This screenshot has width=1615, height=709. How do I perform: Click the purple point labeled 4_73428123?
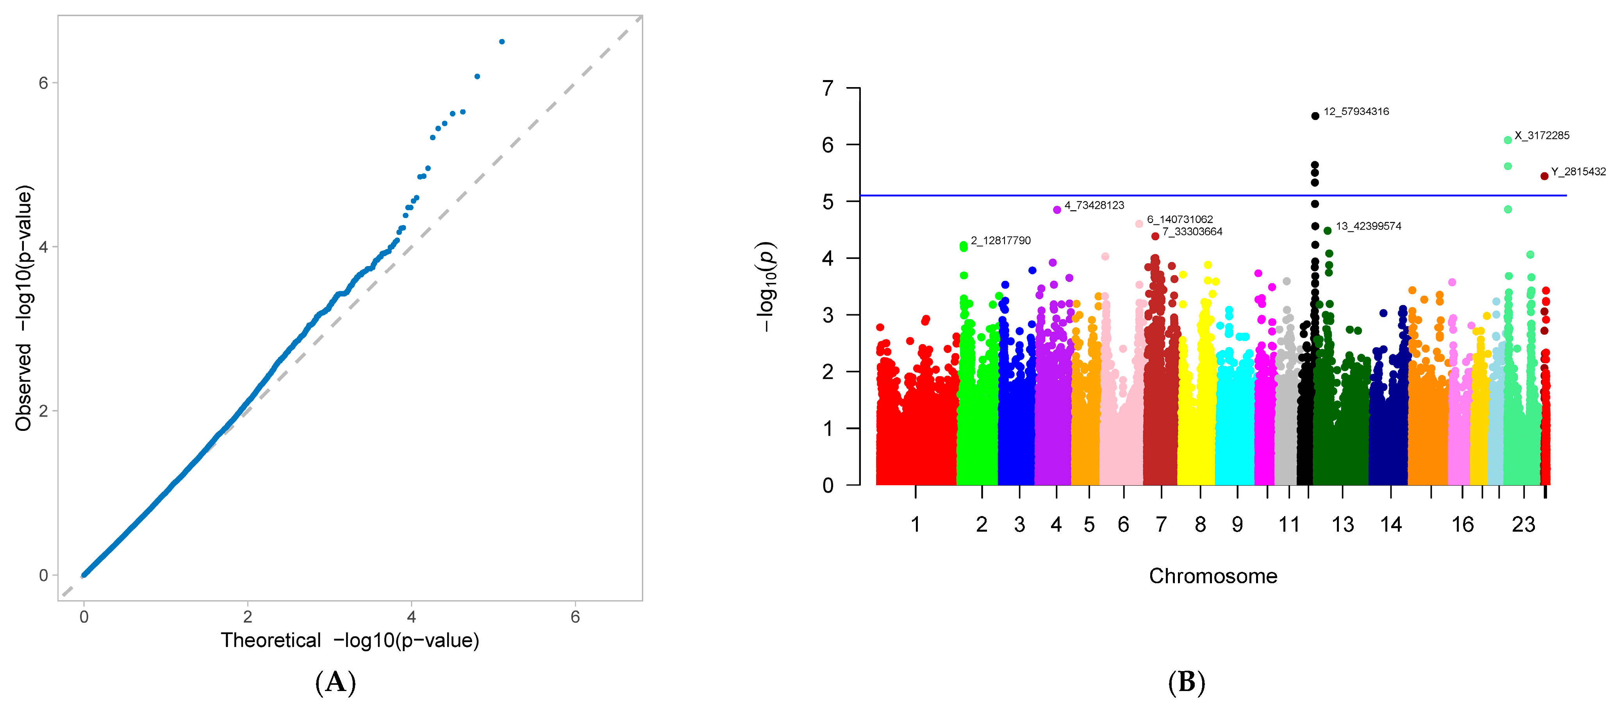point(1057,210)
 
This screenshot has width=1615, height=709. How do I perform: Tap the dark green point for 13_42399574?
point(1327,231)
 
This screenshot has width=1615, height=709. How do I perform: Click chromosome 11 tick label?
point(1288,524)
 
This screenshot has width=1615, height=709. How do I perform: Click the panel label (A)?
point(335,682)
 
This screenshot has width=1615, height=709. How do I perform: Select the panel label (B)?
point(1186,682)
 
